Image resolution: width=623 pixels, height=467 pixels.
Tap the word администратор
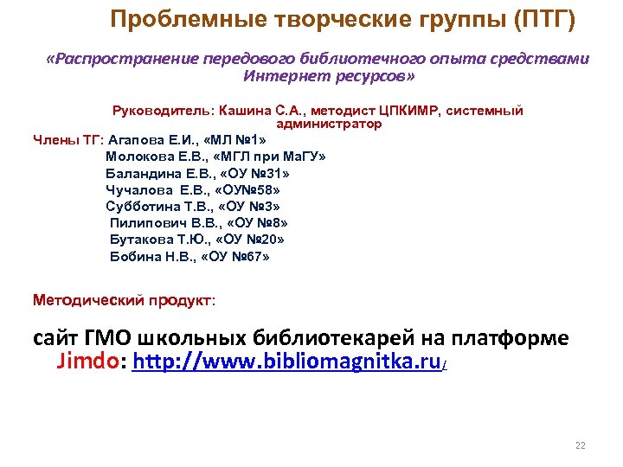coord(329,124)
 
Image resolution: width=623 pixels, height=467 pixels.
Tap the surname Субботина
coord(141,206)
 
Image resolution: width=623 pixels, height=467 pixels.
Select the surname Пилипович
coord(143,223)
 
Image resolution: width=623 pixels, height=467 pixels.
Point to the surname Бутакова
coord(139,240)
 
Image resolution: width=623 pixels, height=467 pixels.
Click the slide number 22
coord(581,446)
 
